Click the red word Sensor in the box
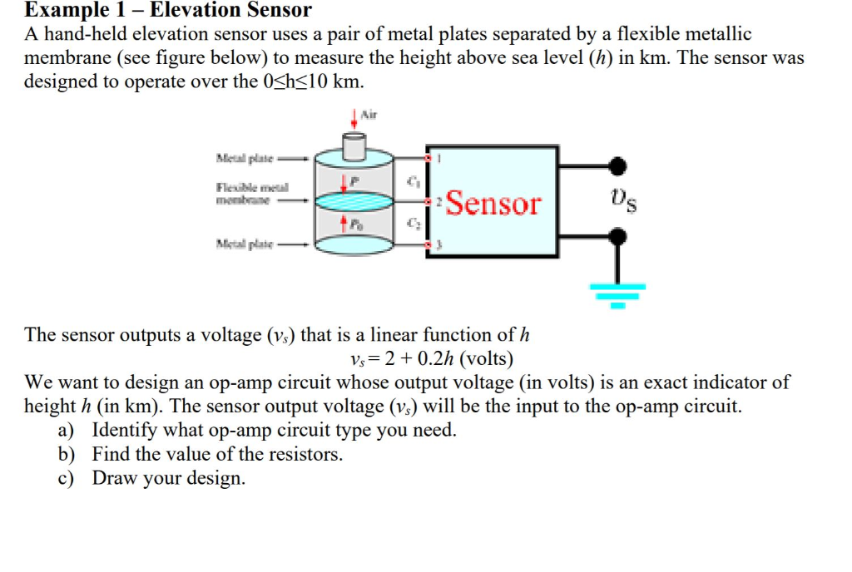[x=493, y=202]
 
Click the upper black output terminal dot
[x=617, y=165]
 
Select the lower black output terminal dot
[x=617, y=237]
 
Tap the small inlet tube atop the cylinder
[x=355, y=148]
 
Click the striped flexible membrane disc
[x=356, y=200]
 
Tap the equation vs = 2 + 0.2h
[x=432, y=359]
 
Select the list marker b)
[x=67, y=454]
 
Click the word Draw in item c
[x=115, y=478]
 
